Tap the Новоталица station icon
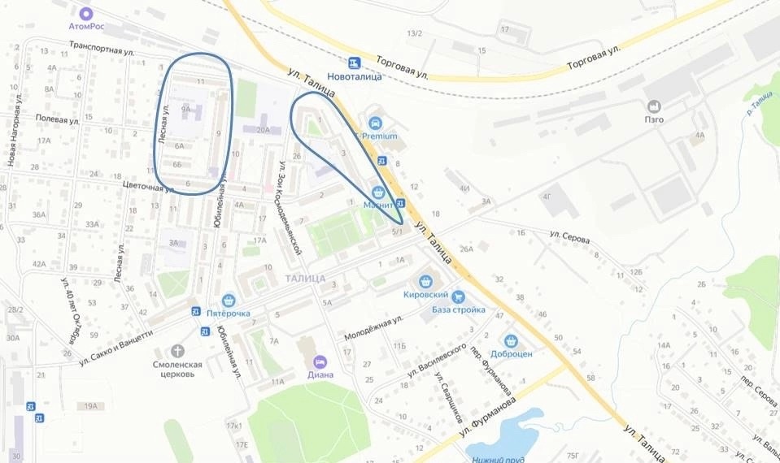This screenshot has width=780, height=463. pos(353,62)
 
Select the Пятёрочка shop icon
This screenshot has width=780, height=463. pos(228,300)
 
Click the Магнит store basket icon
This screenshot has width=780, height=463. pos(377,193)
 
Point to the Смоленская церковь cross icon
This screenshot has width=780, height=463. pos(178,351)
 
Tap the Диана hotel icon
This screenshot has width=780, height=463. pos(320,361)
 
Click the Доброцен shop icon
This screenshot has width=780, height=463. pos(511,341)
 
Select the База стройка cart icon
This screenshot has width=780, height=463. pos(459,297)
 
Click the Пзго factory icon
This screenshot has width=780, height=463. pos(653,106)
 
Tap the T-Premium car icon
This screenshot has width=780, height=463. pos(375,123)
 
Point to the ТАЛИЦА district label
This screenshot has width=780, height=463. pos(306,279)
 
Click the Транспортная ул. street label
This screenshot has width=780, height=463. pos(101,49)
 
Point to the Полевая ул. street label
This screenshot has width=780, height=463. pos(56,119)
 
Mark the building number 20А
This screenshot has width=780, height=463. pos(263,129)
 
